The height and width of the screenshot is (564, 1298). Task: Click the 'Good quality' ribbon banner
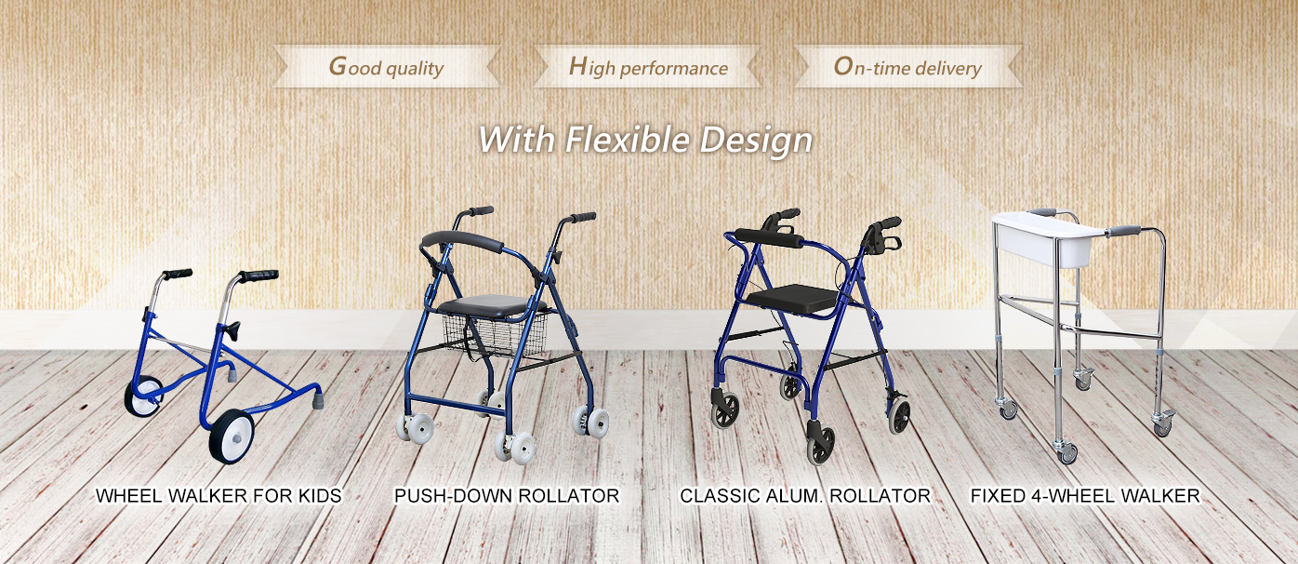click(x=387, y=67)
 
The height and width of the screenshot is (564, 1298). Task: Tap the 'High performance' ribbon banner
click(x=647, y=67)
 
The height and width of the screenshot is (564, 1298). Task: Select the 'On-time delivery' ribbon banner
click(x=907, y=67)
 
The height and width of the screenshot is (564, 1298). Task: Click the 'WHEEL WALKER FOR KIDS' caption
click(x=219, y=495)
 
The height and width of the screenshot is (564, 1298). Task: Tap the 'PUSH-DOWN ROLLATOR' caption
click(x=507, y=495)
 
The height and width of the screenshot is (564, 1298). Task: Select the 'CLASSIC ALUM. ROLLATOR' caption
click(x=805, y=495)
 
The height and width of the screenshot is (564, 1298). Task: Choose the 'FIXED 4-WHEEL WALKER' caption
click(x=1085, y=495)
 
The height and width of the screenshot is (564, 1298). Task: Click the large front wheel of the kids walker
click(x=232, y=436)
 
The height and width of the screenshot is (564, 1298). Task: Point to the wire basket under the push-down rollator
click(x=493, y=332)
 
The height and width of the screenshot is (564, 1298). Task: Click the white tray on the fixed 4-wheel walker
click(x=1049, y=238)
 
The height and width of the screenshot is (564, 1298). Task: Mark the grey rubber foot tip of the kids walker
click(x=318, y=401)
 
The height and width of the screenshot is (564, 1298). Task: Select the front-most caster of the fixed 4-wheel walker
click(x=1066, y=452)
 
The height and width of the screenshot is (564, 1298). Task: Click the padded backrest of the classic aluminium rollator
click(x=769, y=237)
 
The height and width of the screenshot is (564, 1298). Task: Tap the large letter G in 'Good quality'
click(x=338, y=66)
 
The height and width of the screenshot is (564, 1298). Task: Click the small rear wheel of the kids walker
click(x=143, y=396)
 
